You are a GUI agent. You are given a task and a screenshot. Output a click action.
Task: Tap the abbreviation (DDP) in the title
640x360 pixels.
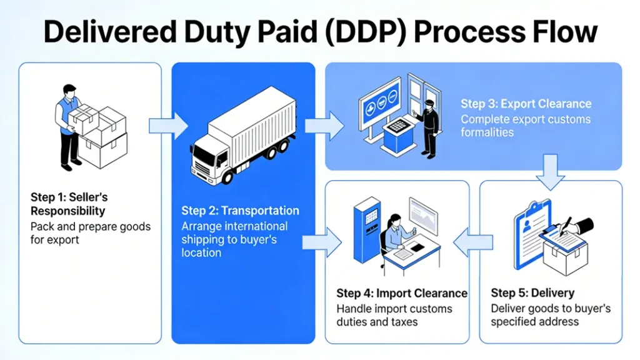tap(352, 31)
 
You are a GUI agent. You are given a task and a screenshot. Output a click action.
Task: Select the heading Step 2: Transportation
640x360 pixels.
tap(240, 211)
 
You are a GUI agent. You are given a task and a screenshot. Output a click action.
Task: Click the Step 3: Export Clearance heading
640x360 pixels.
tap(526, 104)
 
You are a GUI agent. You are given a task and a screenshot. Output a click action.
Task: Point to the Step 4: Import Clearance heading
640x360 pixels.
tap(401, 293)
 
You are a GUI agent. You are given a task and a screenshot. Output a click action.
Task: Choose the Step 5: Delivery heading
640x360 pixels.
tap(532, 293)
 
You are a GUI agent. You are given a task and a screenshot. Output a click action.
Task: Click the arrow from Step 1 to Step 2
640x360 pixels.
tap(168, 126)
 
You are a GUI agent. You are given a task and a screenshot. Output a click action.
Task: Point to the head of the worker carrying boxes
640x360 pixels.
tap(69, 91)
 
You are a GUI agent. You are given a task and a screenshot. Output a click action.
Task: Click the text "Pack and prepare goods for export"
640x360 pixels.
tap(90, 232)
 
